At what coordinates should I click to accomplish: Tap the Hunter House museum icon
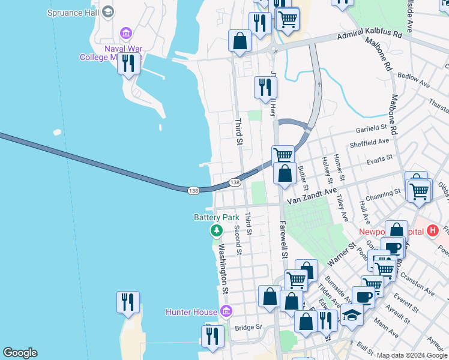point(226,311)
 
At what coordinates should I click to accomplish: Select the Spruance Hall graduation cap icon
point(108,11)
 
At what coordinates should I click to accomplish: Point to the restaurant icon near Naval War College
point(128,63)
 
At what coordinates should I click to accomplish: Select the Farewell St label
point(283,234)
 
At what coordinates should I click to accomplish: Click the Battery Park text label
point(216,217)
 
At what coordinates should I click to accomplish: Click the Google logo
point(20,353)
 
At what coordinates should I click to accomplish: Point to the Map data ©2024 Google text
point(412,355)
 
